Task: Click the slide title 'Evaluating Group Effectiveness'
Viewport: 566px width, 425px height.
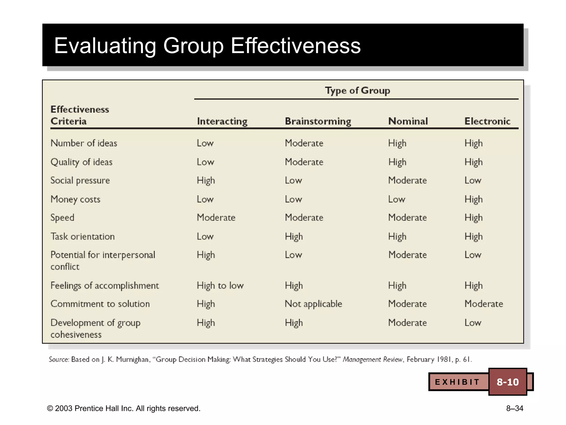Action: pos(207,46)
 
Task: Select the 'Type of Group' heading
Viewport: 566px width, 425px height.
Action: pos(357,90)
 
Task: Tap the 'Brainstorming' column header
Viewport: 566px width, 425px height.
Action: pos(318,121)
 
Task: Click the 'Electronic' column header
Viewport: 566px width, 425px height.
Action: pos(487,121)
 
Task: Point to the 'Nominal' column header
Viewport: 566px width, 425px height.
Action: pos(408,121)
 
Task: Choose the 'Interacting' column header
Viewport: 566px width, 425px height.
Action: pos(222,121)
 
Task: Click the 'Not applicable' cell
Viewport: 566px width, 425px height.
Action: pos(313,304)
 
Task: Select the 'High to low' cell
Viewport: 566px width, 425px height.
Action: pos(220,285)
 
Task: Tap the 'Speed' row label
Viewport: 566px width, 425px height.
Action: pos(62,217)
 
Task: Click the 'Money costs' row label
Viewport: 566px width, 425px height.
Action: pos(75,199)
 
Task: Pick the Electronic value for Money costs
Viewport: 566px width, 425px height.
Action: pos(473,199)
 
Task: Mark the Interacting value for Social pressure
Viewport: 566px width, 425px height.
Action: pos(206,180)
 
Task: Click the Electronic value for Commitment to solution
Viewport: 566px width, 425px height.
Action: pos(484,304)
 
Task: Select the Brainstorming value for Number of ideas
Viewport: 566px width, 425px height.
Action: pos(304,143)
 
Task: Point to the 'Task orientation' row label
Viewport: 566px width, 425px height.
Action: pos(82,236)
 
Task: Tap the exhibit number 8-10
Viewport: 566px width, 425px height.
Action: pos(508,382)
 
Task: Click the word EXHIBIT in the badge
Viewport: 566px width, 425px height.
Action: pos(457,382)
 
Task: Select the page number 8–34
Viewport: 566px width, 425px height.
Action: pos(515,408)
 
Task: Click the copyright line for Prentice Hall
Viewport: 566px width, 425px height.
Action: pos(124,408)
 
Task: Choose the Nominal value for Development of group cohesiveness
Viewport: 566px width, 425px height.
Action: pos(407,323)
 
